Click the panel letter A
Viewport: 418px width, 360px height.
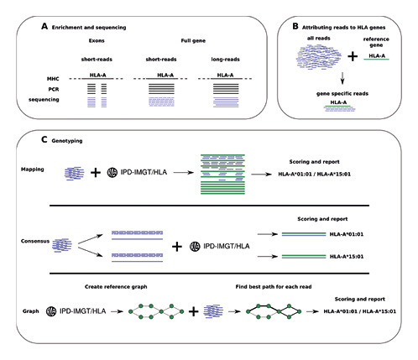(x=44, y=27)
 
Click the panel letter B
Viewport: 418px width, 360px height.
(x=295, y=26)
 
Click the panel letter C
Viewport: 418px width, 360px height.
(x=44, y=139)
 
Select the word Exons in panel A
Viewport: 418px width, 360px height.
(x=97, y=40)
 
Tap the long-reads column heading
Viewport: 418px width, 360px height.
(x=225, y=60)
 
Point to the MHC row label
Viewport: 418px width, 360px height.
(x=53, y=79)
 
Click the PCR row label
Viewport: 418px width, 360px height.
(x=54, y=90)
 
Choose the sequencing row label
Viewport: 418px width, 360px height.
(x=44, y=100)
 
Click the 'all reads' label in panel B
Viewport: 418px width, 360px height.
(x=319, y=39)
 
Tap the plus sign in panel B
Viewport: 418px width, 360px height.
(x=353, y=56)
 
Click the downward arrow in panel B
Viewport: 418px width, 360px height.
(x=342, y=78)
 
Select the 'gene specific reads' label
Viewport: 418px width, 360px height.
(x=342, y=94)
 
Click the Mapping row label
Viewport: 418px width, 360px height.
(x=33, y=170)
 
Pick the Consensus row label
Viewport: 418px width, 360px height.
(x=35, y=241)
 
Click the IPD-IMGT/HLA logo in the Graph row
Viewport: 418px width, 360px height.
(x=51, y=311)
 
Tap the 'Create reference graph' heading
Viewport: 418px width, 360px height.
(x=116, y=287)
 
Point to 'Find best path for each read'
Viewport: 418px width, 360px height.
(x=274, y=287)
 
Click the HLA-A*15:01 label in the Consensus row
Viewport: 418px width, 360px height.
(x=347, y=257)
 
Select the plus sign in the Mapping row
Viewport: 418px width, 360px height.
(x=96, y=173)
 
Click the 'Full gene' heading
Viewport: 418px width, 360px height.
(x=193, y=41)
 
